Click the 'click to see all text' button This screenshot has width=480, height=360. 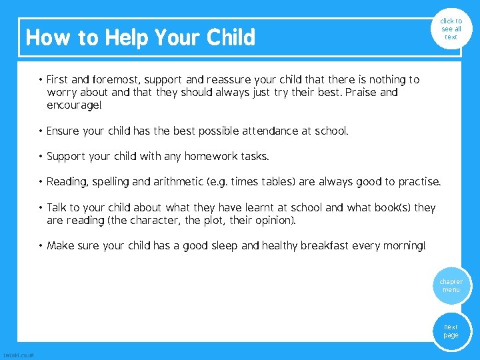click(451, 29)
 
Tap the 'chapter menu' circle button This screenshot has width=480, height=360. click(451, 286)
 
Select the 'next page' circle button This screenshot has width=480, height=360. click(451, 331)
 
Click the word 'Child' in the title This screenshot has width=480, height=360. click(231, 38)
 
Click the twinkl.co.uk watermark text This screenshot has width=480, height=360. click(19, 355)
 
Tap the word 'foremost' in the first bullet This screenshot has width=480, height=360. click(118, 80)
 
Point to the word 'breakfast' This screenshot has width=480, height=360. click(325, 246)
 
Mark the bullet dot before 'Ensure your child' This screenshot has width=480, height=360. click(41, 131)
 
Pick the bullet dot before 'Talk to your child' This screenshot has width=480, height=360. click(41, 207)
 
